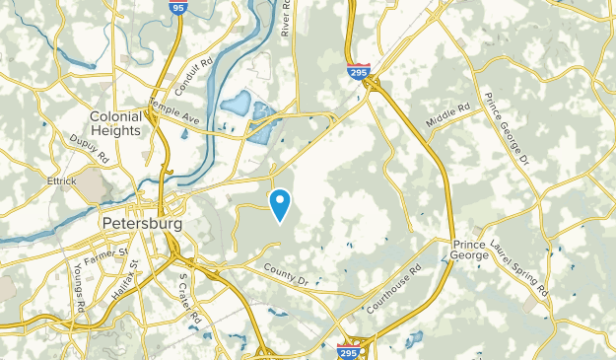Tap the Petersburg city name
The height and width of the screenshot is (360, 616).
click(x=142, y=224)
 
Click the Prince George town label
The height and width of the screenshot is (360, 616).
click(x=470, y=249)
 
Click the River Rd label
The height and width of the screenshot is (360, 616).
click(x=286, y=19)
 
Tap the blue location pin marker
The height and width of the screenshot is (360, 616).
click(x=280, y=202)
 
